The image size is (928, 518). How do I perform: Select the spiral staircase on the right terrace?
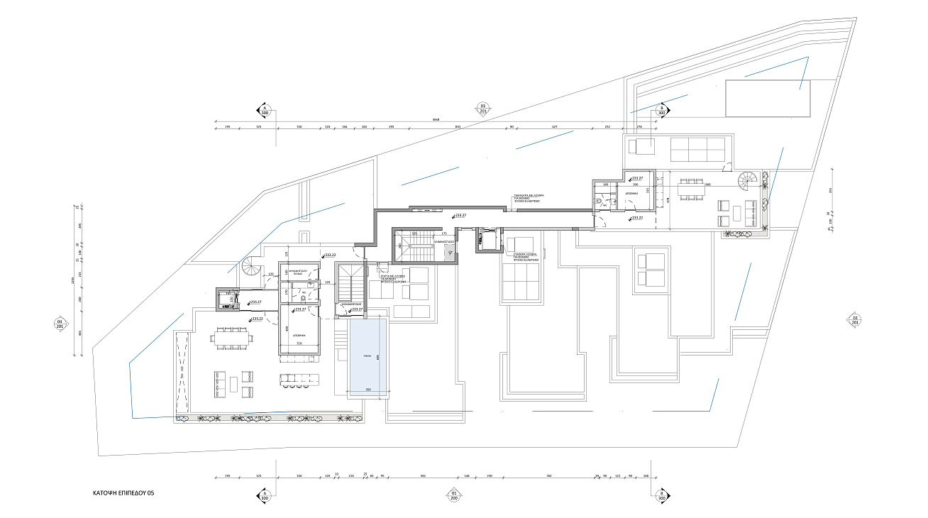[749, 179]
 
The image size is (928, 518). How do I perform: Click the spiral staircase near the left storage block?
[252, 268]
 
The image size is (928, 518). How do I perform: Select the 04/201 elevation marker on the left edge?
[60, 324]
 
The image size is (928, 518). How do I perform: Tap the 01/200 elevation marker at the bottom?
[452, 495]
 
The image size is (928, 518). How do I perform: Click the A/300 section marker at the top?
[265, 109]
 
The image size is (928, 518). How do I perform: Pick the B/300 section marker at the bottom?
[661, 495]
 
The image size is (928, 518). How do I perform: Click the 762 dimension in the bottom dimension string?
[550, 476]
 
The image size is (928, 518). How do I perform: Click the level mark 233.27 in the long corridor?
[459, 214]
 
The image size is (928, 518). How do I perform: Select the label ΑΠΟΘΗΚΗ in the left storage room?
[299, 334]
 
